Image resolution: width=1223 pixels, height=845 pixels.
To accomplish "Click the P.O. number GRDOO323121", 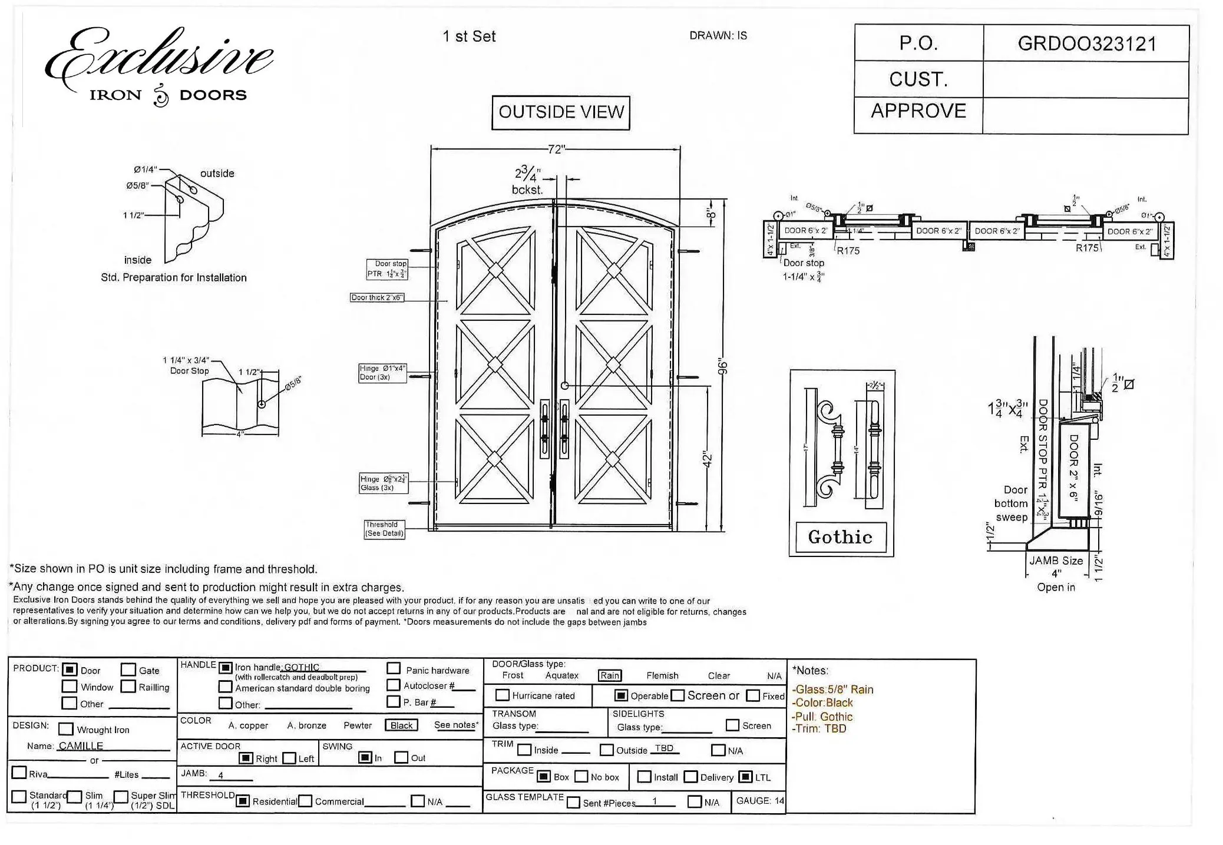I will (x=1086, y=44).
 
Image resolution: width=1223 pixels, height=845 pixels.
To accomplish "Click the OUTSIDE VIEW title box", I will (x=561, y=112).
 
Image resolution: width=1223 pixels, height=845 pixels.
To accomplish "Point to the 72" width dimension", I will (x=556, y=150).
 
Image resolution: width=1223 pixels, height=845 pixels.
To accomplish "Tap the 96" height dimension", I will (x=723, y=366).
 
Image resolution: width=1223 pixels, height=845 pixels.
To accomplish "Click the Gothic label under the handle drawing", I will (x=840, y=537).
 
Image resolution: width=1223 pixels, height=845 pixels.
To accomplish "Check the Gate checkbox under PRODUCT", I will (x=128, y=670).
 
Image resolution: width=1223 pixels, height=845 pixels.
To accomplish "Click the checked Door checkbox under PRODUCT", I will (x=70, y=670).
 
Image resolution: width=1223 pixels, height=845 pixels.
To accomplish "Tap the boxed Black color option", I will (x=401, y=725).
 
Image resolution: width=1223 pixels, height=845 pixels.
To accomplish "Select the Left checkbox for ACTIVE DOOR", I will (x=289, y=758).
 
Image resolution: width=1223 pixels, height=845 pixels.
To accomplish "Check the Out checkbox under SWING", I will (x=401, y=757).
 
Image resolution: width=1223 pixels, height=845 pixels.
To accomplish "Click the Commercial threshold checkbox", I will (x=305, y=801).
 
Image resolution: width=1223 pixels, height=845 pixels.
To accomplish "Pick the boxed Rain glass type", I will (x=610, y=676).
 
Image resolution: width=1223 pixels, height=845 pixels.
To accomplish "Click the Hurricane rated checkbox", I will (x=503, y=695).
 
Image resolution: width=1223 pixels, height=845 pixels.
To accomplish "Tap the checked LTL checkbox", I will (x=745, y=777).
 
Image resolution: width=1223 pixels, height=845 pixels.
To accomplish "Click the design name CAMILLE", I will (x=81, y=746).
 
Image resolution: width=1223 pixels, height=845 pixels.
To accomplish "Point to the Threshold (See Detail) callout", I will (x=384, y=529).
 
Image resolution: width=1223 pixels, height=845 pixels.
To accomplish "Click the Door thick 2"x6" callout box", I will (x=377, y=298).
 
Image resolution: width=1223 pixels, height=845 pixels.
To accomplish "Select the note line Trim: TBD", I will (x=819, y=729).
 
